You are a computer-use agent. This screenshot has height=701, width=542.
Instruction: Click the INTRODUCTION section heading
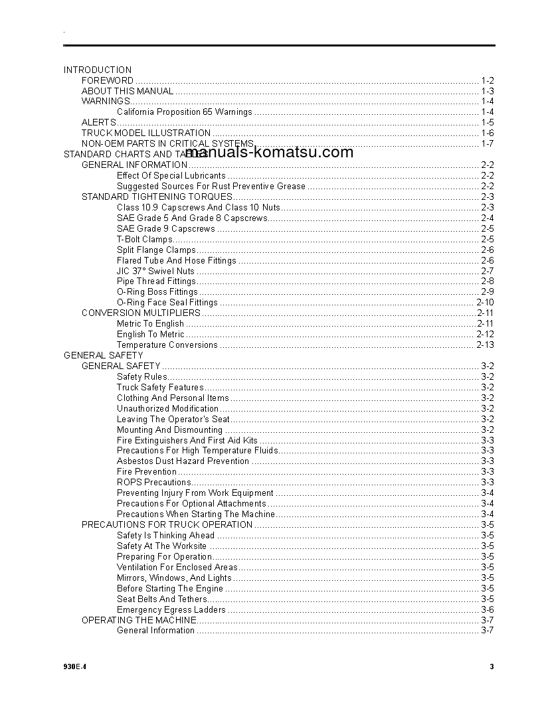pos(98,70)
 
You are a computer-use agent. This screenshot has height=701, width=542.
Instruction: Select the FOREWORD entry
pos(108,80)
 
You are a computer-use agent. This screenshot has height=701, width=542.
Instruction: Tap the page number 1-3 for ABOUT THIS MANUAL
pos(487,91)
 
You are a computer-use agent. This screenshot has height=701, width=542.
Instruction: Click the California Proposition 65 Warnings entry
pos(185,112)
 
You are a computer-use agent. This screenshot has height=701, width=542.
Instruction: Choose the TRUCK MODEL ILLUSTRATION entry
pos(146,133)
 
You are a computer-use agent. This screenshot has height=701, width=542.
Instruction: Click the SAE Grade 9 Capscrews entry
pos(166,228)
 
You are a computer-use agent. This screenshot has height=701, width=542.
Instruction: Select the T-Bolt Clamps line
pos(145,239)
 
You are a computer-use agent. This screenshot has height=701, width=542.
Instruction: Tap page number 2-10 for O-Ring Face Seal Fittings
pos(485,303)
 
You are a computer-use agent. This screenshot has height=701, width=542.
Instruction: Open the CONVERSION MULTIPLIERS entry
pos(141,313)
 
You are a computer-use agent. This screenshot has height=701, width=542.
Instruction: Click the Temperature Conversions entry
pos(167,345)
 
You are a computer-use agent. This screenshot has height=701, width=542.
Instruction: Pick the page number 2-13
pos(485,345)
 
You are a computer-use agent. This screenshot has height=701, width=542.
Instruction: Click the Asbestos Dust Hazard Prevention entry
pos(183,461)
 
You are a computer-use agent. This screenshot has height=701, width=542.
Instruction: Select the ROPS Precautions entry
pos(154,482)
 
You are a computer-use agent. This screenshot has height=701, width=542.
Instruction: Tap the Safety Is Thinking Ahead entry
pos(165,535)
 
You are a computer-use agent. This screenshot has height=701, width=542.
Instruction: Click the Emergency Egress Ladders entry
pos(171,609)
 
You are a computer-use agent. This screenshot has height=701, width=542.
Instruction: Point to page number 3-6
pos(487,609)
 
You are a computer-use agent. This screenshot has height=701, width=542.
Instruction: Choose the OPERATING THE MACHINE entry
pos(139,620)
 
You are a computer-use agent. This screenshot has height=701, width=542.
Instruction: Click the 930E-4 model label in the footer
pos(75,667)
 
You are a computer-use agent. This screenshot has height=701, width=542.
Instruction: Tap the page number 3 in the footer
pos(492,667)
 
